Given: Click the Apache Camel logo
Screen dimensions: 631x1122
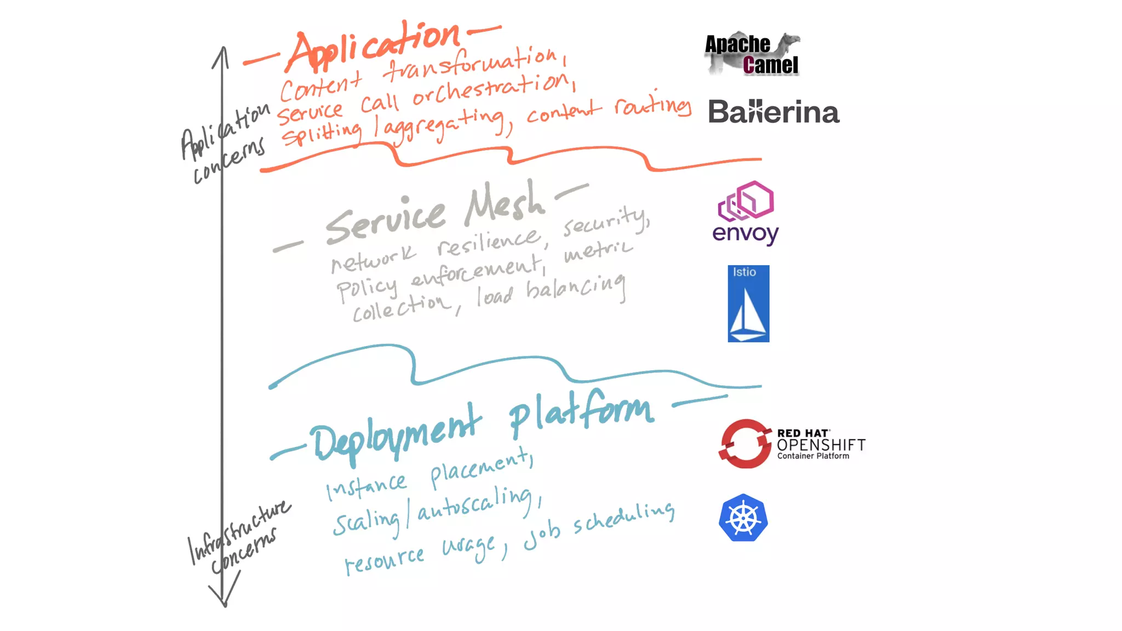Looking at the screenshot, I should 752,54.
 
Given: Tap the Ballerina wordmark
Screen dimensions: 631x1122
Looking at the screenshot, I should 773,112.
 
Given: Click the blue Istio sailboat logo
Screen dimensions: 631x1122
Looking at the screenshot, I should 748,304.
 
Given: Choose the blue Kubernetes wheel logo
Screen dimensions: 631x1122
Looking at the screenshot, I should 743,518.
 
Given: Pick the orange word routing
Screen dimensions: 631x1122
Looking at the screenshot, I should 652,105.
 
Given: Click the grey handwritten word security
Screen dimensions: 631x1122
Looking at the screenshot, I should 606,221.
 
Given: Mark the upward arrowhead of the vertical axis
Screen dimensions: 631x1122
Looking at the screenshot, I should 221,53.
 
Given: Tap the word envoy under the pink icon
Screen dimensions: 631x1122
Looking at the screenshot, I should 745,234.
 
